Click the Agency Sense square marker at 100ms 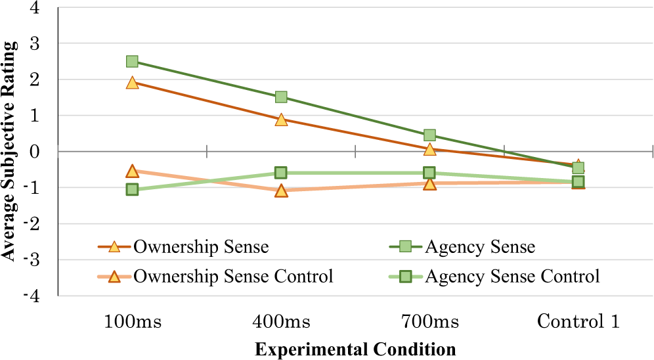point(132,62)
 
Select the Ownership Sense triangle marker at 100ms point(132,83)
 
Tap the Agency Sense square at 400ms point(281,97)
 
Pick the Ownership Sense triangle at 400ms point(281,120)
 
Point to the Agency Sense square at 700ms point(429,135)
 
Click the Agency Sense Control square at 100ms point(132,190)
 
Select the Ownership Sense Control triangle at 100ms point(132,171)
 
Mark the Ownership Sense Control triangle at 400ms point(281,191)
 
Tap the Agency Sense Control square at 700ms point(429,173)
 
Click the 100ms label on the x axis point(132,322)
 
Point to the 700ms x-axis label point(429,322)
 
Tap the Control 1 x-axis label point(578,322)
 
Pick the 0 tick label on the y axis point(35,152)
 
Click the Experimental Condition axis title point(355,348)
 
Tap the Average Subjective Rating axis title point(9,151)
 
